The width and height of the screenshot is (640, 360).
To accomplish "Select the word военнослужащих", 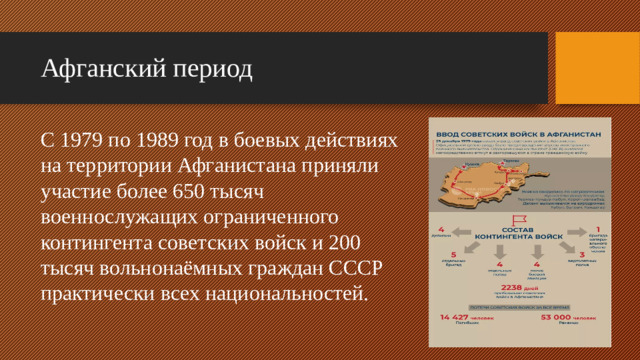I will [110, 215].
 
